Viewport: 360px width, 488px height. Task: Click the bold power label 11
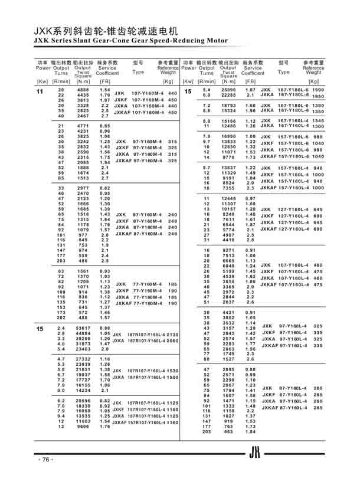pos(40,92)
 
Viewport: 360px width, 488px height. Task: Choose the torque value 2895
pos(228,368)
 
